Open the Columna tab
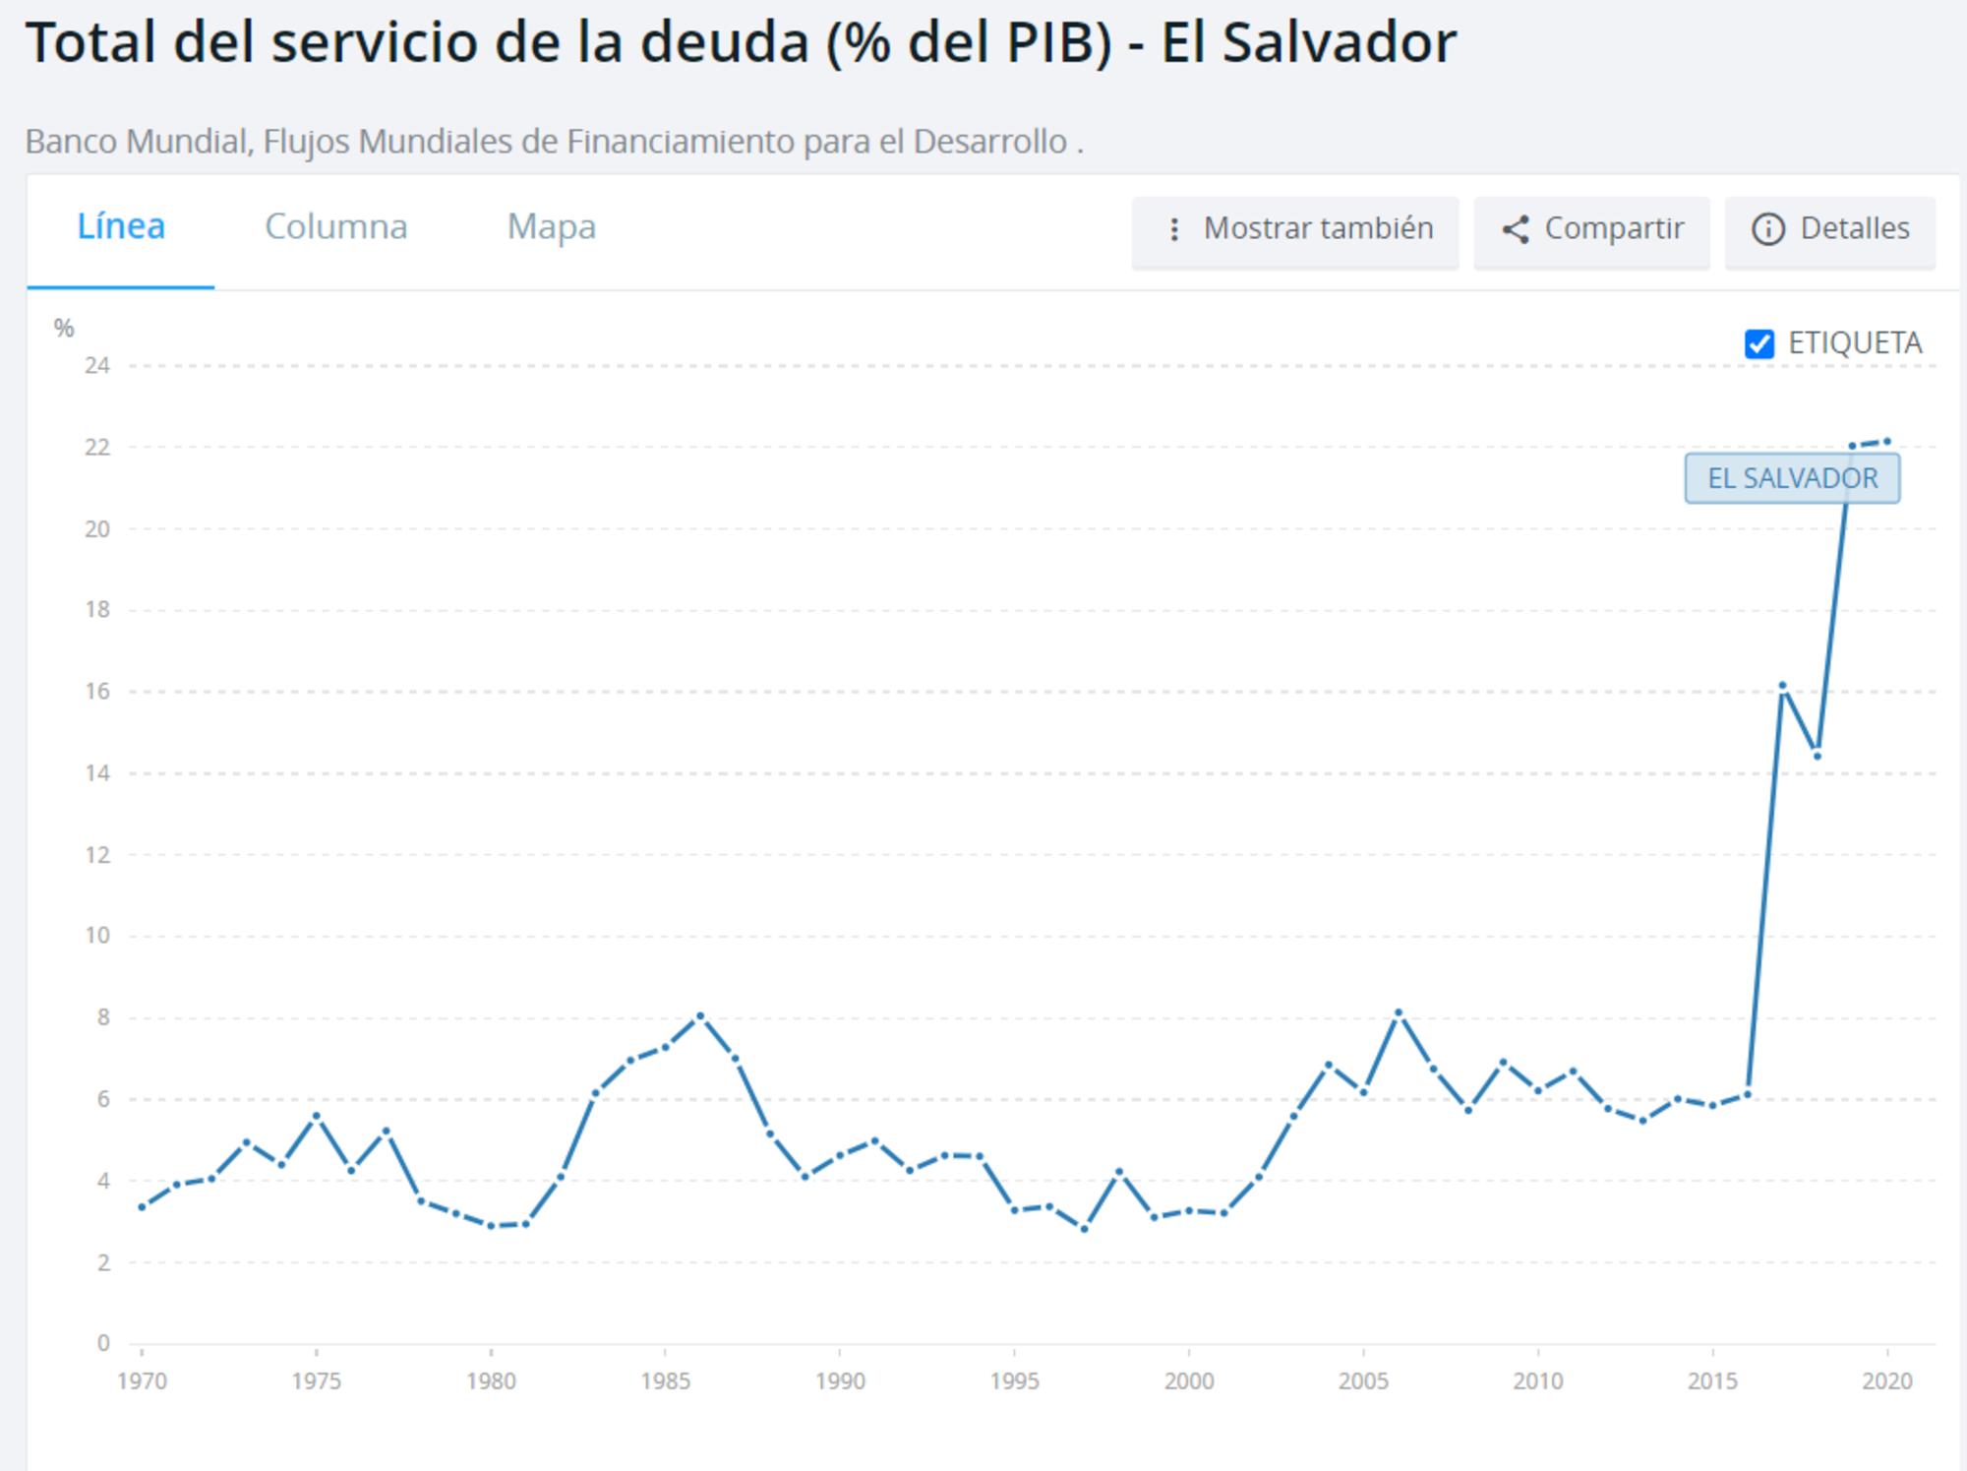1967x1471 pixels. click(335, 227)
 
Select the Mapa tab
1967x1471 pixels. click(551, 227)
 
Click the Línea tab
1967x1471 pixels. click(121, 227)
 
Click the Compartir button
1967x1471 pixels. click(1591, 229)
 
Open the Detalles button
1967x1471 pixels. click(1830, 229)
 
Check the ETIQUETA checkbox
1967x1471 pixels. click(1758, 344)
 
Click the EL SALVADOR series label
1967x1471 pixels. click(1792, 478)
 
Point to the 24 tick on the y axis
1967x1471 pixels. click(97, 366)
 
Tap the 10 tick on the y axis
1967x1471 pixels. click(97, 936)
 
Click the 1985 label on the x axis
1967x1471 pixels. click(665, 1381)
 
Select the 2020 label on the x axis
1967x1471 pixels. click(1886, 1381)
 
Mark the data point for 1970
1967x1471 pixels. click(142, 1207)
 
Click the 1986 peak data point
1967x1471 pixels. click(700, 1015)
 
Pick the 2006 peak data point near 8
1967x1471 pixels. click(1398, 1012)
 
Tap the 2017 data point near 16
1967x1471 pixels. click(1782, 685)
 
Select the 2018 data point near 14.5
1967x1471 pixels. click(1818, 756)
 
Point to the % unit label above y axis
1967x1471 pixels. click(64, 329)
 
